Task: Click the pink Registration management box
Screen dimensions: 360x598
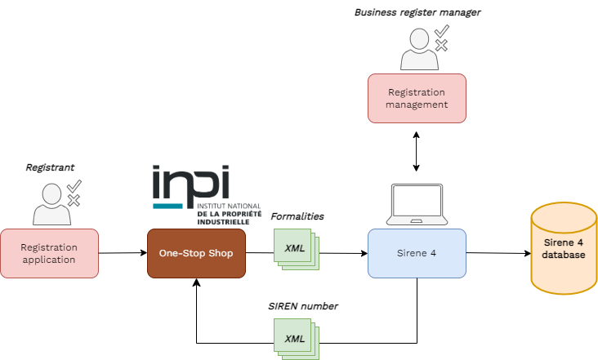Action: pos(417,98)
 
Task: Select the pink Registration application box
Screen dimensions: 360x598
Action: pos(49,253)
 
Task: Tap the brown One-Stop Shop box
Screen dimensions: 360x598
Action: pos(196,253)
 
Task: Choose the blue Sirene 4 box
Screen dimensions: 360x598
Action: pos(417,253)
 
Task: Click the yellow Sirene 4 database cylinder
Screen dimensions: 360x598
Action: pos(564,249)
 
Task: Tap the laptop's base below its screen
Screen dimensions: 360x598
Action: pos(417,221)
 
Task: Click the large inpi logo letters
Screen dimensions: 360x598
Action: pos(192,183)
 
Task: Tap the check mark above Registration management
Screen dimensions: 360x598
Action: pos(441,32)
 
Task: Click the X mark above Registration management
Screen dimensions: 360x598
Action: pos(441,46)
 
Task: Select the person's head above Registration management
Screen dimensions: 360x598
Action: pos(419,38)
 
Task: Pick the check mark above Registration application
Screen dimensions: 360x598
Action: pos(74,185)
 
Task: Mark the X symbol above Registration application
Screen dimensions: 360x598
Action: pos(74,200)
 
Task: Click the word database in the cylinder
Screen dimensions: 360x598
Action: pos(564,256)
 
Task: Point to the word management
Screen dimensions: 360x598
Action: pos(417,104)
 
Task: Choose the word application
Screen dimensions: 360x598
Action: pos(49,260)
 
